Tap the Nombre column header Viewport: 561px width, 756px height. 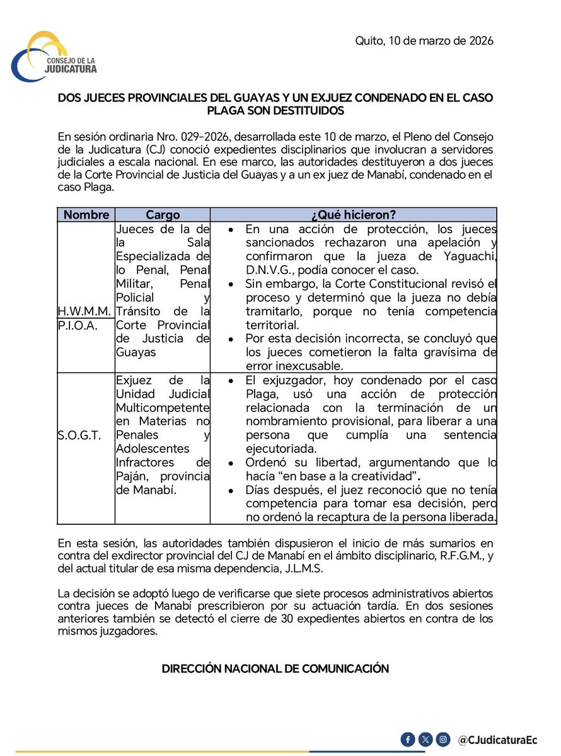coord(86,214)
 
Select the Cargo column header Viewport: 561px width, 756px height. coord(163,214)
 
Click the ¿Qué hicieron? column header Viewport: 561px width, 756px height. coord(354,214)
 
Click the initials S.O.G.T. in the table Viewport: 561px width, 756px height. coord(79,435)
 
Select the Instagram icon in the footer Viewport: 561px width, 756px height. coord(444,738)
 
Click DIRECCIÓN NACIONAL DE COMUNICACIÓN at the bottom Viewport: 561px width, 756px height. coord(275,668)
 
